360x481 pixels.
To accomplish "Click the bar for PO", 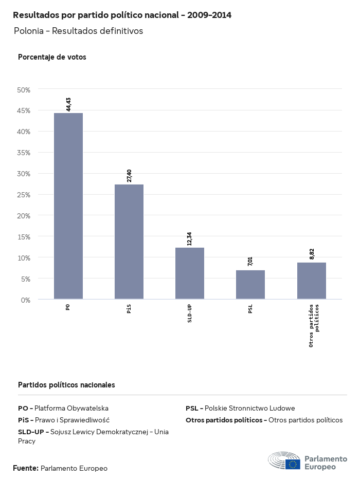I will click(x=68, y=206).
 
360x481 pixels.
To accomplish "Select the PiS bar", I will click(x=129, y=242).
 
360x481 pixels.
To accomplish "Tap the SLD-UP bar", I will click(x=190, y=273).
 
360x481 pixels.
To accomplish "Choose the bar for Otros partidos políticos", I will click(x=312, y=281).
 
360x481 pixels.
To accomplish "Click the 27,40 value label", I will click(x=129, y=176).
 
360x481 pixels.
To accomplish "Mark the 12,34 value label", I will click(x=190, y=238).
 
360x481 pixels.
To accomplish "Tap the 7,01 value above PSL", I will click(x=250, y=262).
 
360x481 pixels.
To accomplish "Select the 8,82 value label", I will click(x=312, y=254).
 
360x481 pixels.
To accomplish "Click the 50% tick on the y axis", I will click(x=24, y=90).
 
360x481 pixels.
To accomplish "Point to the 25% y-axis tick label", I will click(x=24, y=195).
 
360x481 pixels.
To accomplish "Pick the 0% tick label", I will click(x=26, y=300).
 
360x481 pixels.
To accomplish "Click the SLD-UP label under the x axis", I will click(x=190, y=313).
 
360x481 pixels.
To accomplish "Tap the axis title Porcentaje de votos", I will click(x=52, y=57).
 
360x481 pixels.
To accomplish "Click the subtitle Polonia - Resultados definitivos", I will click(x=78, y=31).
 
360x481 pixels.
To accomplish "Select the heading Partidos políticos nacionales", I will click(x=66, y=384).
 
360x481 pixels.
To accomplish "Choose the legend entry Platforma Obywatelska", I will click(x=63, y=408).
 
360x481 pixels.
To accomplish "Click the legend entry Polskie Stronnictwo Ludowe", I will click(x=240, y=408).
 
